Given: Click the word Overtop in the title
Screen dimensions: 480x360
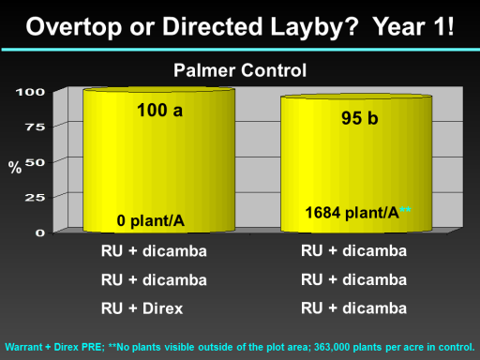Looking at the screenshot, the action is pos(74,27).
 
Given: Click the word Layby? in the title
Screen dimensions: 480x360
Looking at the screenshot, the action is pos(314,28).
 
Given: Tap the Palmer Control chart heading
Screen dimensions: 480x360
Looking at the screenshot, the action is pos(240,70).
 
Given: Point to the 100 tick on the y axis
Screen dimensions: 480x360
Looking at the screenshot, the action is pos(30,92).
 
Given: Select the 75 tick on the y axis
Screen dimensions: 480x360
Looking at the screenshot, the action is pos(35,127).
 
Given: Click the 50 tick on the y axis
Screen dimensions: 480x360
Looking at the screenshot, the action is pos(35,162).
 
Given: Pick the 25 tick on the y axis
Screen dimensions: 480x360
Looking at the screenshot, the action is pos(35,198).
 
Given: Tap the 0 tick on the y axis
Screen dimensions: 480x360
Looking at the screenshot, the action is pos(40,232).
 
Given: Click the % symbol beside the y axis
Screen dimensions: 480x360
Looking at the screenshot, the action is pos(15,168).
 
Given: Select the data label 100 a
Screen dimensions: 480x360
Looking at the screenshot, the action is pos(159,111).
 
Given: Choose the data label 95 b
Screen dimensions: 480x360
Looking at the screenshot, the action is pos(360,118).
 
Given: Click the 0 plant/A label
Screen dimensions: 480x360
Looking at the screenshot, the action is pos(151,221).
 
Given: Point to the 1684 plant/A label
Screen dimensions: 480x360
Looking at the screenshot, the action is pos(352,213).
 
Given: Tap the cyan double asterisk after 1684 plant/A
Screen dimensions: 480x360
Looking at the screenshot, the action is pos(405,210).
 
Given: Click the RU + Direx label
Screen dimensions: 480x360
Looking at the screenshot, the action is pos(142,308).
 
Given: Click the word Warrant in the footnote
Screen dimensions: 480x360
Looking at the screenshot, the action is pos(23,347).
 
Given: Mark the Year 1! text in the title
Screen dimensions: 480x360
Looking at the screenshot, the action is pos(413,27).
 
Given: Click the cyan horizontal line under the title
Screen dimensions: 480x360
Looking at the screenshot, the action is pos(241,50).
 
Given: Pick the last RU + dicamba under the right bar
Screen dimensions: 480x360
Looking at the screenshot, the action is pos(353,308).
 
